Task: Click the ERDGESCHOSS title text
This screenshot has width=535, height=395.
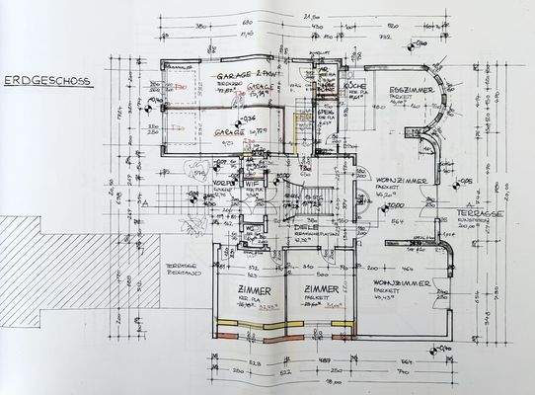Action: tap(46, 83)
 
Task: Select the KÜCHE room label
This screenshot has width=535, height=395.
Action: tap(328, 87)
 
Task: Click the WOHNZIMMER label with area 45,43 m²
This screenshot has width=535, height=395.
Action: tap(400, 283)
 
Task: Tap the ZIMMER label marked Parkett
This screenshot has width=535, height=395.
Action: tap(314, 289)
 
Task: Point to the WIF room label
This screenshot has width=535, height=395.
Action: tap(251, 182)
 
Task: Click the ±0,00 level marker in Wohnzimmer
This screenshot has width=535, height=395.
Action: tap(392, 206)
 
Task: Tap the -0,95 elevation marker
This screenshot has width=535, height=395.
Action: tap(466, 181)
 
